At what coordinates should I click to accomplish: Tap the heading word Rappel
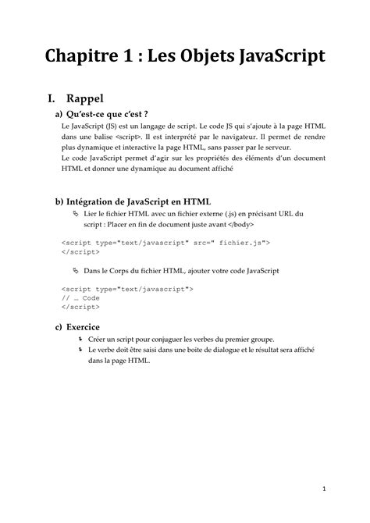coord(86,99)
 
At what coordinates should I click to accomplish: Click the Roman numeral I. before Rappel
coord(53,99)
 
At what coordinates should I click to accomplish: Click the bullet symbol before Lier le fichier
coord(76,212)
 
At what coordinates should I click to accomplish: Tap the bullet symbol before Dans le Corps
coord(76,270)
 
